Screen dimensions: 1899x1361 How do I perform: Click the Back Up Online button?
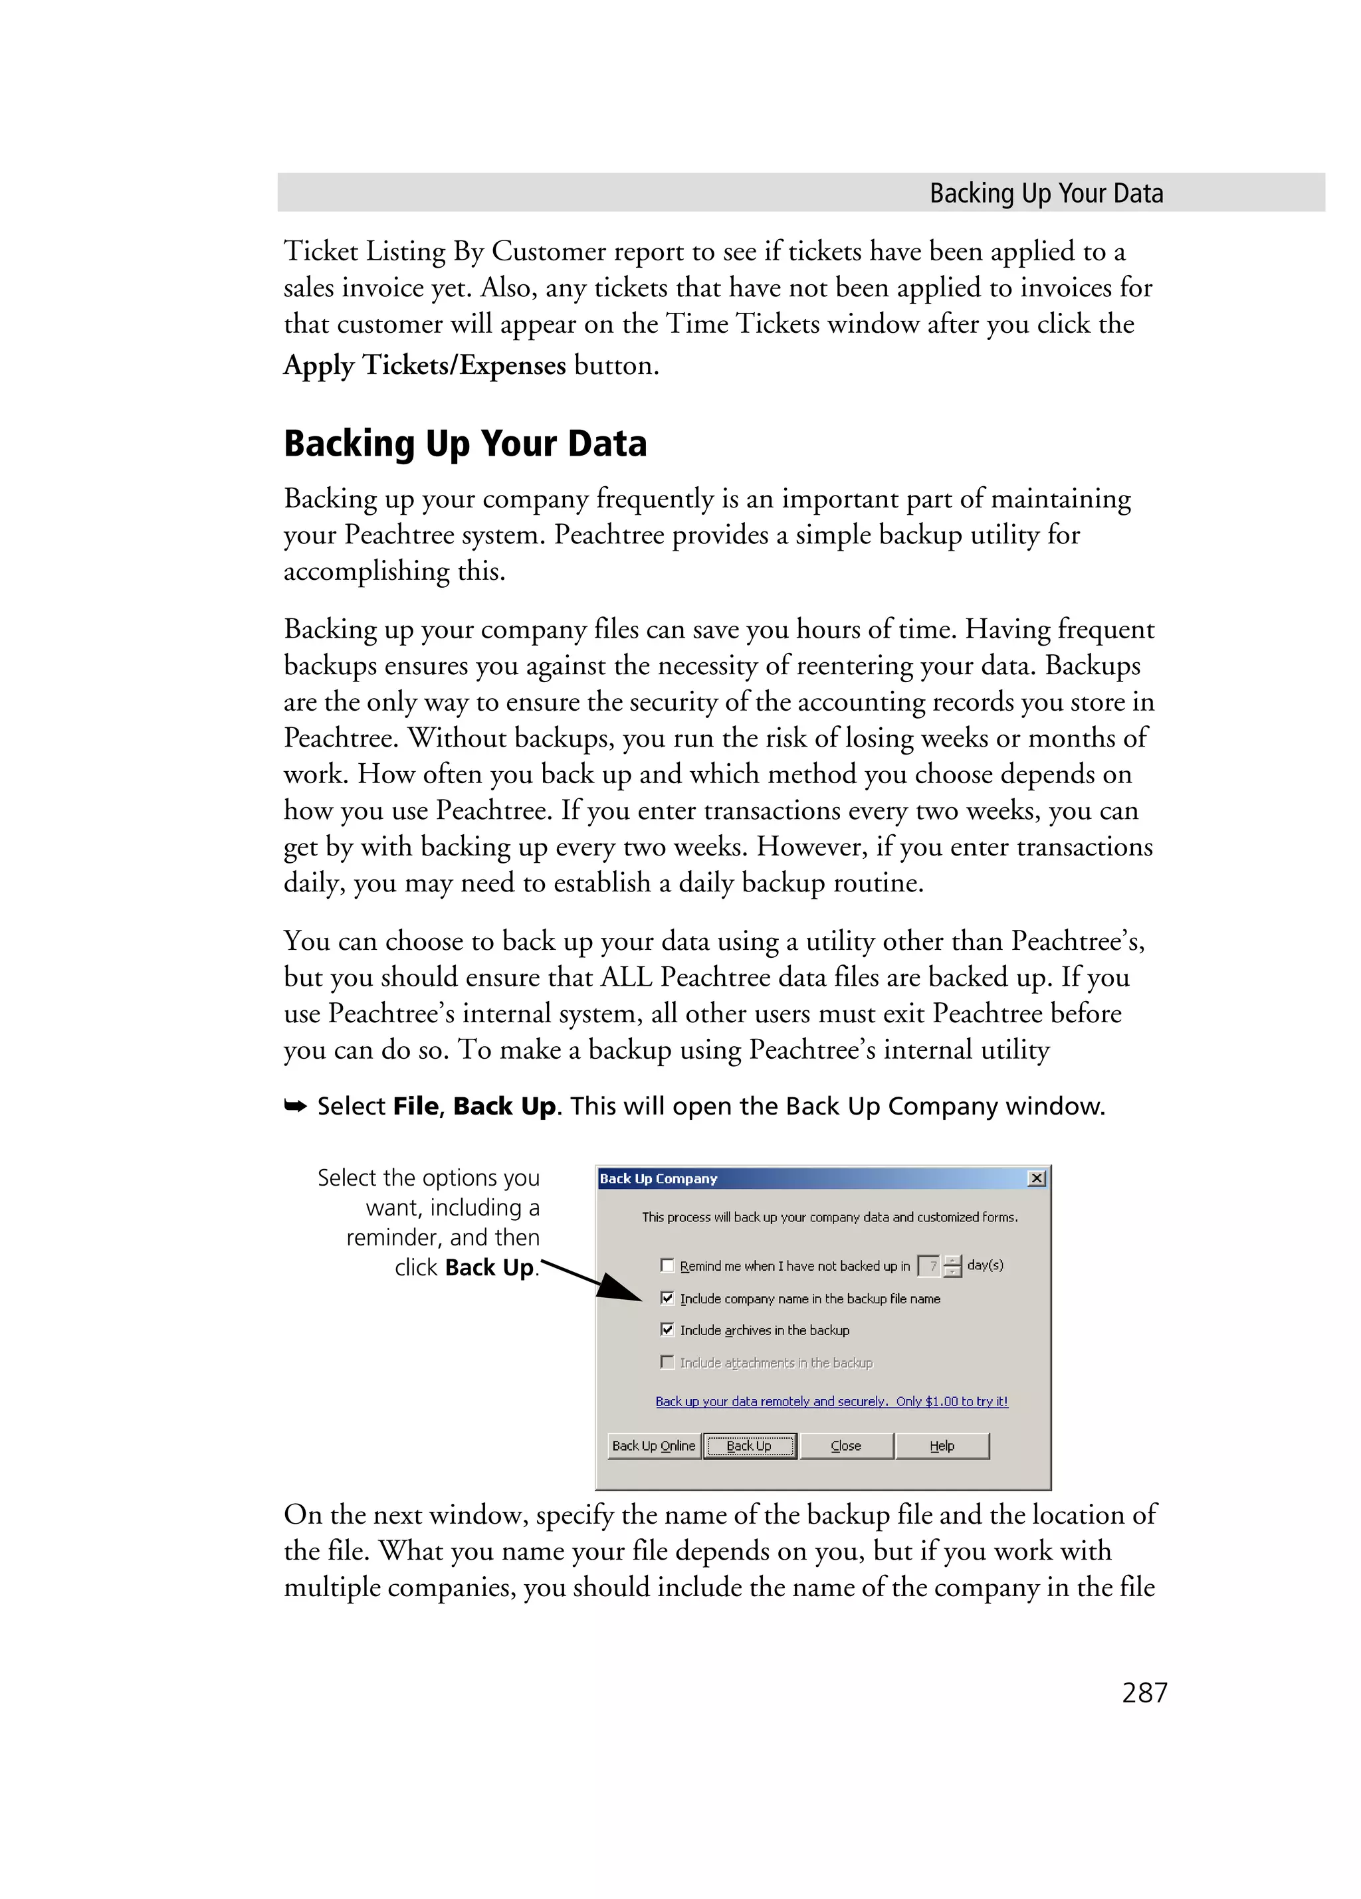[x=653, y=1445]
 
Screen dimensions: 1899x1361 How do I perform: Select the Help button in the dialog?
[x=942, y=1445]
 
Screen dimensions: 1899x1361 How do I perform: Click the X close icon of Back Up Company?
[x=1036, y=1178]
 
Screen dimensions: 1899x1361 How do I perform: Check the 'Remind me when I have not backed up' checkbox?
[x=667, y=1265]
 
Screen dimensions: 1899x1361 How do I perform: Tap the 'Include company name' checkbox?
[x=667, y=1298]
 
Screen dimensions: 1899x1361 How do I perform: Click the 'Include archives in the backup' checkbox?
[x=667, y=1330]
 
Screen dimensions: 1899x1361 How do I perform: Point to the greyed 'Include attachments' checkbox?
[x=667, y=1362]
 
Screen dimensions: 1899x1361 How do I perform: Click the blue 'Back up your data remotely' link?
[x=831, y=1401]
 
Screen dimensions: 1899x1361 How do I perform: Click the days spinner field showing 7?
[x=929, y=1266]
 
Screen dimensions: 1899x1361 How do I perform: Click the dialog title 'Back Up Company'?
[x=659, y=1178]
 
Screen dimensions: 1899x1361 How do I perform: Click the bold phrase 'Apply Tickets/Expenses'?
[x=425, y=365]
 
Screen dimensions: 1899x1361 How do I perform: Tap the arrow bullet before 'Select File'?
[x=295, y=1107]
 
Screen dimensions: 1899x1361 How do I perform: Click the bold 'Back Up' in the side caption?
[x=488, y=1268]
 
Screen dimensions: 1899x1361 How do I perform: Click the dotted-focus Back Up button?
[x=749, y=1445]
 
